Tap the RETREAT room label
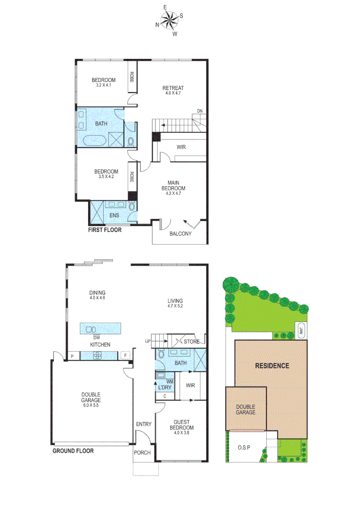(x=173, y=88)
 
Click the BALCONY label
(x=180, y=233)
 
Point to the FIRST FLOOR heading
(x=105, y=230)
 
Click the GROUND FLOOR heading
(x=73, y=451)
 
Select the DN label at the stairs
(x=200, y=112)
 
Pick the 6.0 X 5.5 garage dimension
(x=90, y=405)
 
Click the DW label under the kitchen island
(x=96, y=337)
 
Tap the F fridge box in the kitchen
(x=125, y=356)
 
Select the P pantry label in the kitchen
(x=72, y=356)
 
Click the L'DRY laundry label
(x=165, y=387)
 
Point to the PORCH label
(x=142, y=453)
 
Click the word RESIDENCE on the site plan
(x=272, y=366)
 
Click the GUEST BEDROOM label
(x=181, y=425)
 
